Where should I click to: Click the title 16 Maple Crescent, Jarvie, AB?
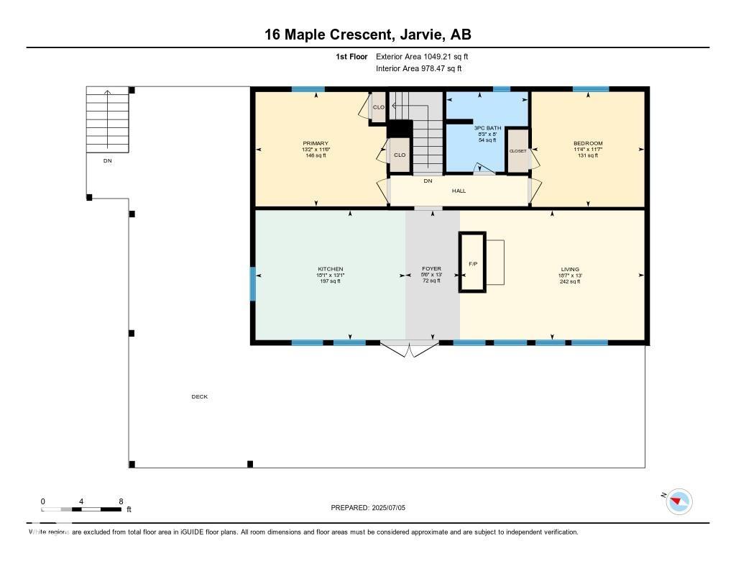(x=367, y=35)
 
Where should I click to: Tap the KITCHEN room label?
(x=330, y=269)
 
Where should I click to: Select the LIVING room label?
(x=570, y=269)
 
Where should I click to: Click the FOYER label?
(x=431, y=269)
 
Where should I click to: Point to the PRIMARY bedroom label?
(x=316, y=144)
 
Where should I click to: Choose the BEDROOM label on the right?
(x=588, y=144)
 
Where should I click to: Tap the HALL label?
(x=459, y=191)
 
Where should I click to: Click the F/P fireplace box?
(x=473, y=263)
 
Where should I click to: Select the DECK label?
(x=199, y=397)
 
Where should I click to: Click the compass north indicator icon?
(x=678, y=501)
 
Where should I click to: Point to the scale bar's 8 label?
(x=121, y=501)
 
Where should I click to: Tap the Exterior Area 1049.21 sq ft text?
(x=423, y=56)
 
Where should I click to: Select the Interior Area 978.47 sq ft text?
(x=418, y=68)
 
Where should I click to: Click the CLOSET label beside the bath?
(x=517, y=151)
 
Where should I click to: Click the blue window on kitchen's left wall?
(x=252, y=284)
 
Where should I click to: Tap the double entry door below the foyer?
(x=409, y=348)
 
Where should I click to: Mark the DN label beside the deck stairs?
(x=107, y=161)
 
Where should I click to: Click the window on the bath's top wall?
(x=502, y=89)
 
